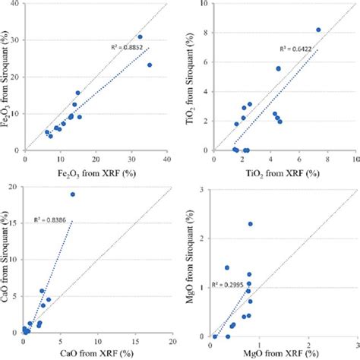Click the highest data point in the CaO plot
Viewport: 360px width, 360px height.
(73, 194)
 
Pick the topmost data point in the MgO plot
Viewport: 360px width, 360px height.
(250, 224)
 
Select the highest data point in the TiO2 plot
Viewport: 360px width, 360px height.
(318, 30)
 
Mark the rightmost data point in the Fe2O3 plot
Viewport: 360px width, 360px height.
(150, 65)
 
